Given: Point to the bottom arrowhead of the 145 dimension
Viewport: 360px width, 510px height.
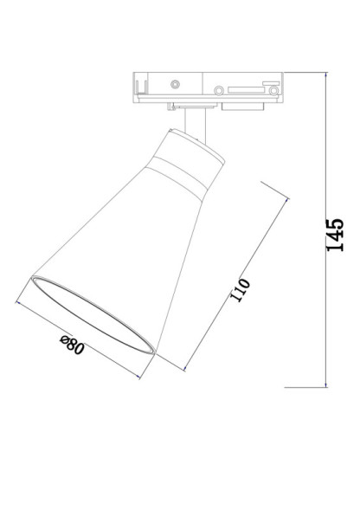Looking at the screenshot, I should click(326, 384).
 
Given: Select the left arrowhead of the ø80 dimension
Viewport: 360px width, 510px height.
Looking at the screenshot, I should click(19, 303).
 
